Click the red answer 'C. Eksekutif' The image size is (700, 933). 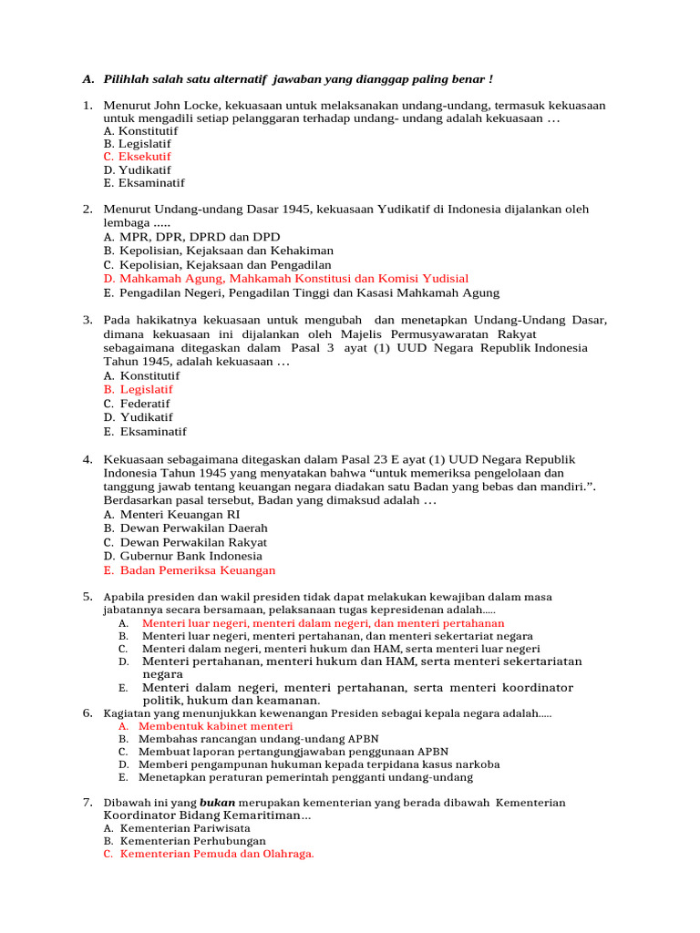[x=137, y=157]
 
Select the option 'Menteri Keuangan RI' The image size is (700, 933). [x=180, y=514]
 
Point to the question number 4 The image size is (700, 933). [x=87, y=459]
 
